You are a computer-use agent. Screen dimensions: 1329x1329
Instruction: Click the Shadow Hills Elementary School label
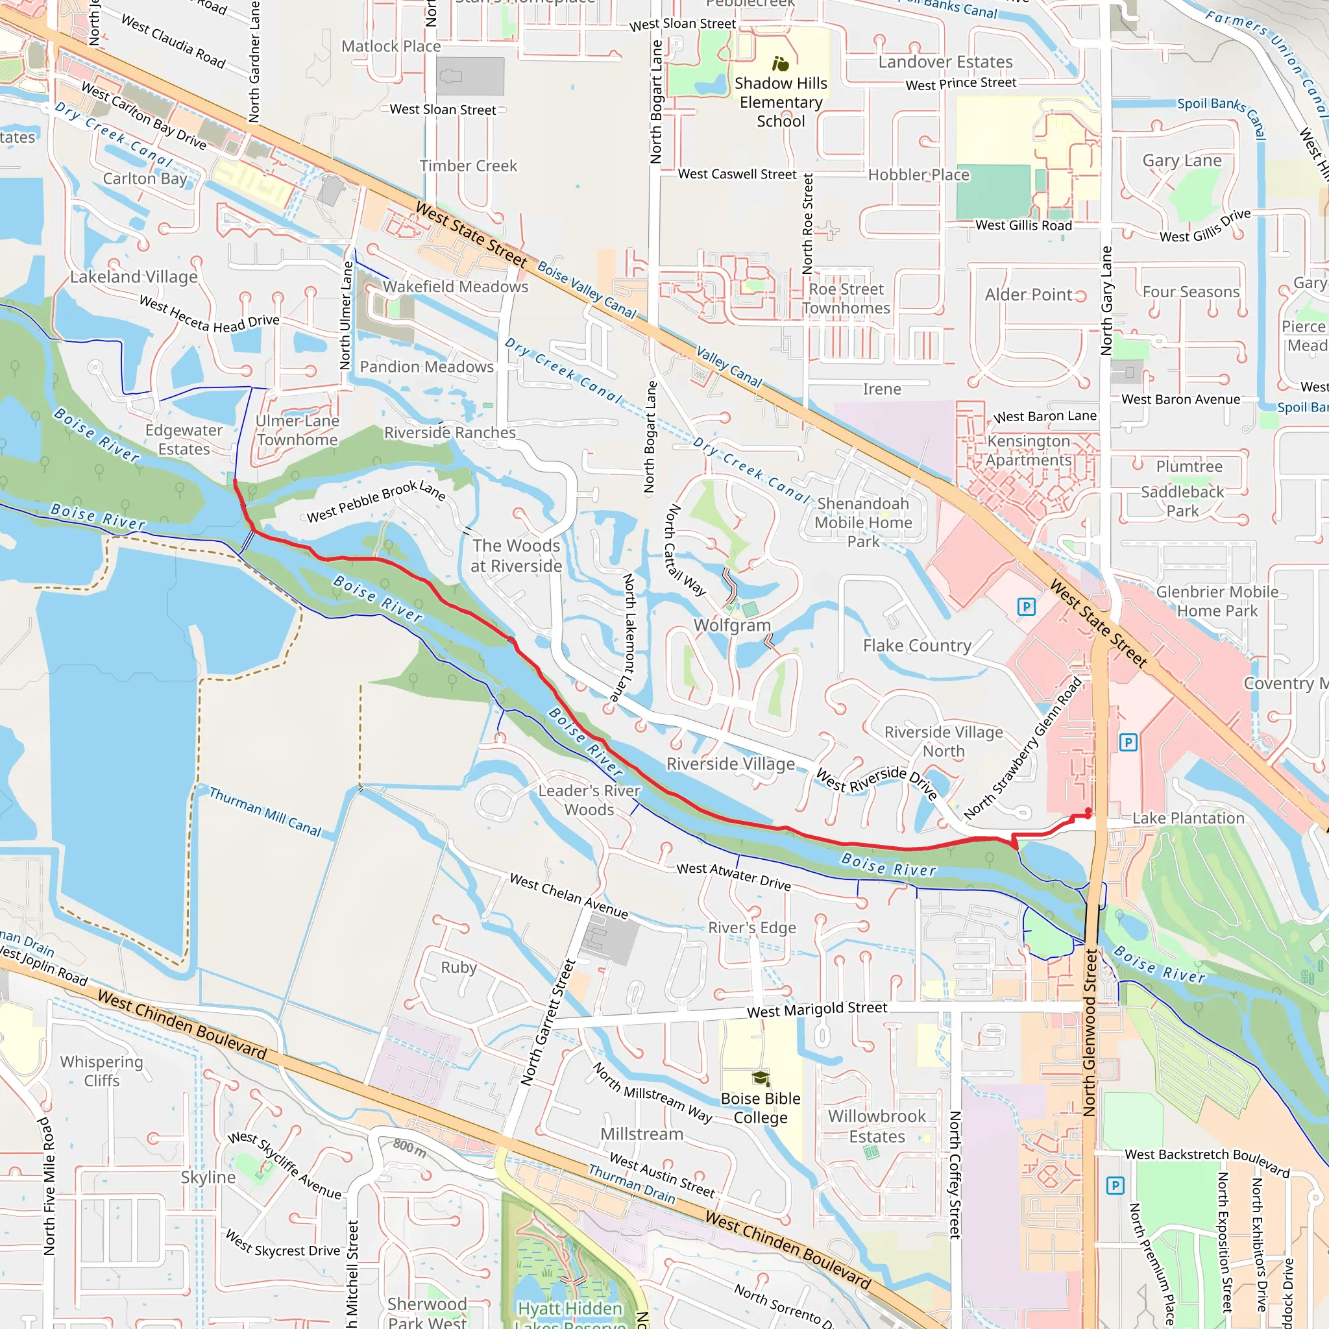pyautogui.click(x=781, y=103)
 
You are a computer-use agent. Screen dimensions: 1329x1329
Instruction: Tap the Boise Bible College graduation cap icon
pyautogui.click(x=760, y=1078)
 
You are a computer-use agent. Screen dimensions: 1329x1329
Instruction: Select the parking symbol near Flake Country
pyautogui.click(x=1026, y=607)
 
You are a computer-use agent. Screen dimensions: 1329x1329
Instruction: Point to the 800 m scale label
pyautogui.click(x=410, y=1147)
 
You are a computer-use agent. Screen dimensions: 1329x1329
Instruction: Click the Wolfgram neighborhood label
pyautogui.click(x=732, y=626)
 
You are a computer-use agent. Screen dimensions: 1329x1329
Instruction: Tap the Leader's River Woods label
pyautogui.click(x=589, y=800)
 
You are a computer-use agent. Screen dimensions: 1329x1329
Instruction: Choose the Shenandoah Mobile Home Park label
pyautogui.click(x=862, y=523)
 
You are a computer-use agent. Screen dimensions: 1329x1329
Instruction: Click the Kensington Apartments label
pyautogui.click(x=1029, y=450)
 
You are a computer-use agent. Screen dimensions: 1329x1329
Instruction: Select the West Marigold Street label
pyautogui.click(x=816, y=1010)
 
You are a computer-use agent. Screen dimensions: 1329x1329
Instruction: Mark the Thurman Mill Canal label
pyautogui.click(x=265, y=812)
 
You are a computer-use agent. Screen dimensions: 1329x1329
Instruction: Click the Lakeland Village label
pyautogui.click(x=134, y=276)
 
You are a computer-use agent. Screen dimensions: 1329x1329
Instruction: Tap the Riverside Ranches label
pyautogui.click(x=449, y=433)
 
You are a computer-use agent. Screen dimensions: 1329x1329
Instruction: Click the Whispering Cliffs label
pyautogui.click(x=102, y=1071)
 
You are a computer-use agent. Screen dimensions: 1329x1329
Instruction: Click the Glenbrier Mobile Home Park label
pyautogui.click(x=1217, y=601)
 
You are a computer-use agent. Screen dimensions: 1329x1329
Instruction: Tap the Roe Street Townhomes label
pyautogui.click(x=846, y=299)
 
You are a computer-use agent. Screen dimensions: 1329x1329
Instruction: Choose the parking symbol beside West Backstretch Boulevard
pyautogui.click(x=1115, y=1185)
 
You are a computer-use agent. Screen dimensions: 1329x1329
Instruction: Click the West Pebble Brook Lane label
pyautogui.click(x=376, y=502)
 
